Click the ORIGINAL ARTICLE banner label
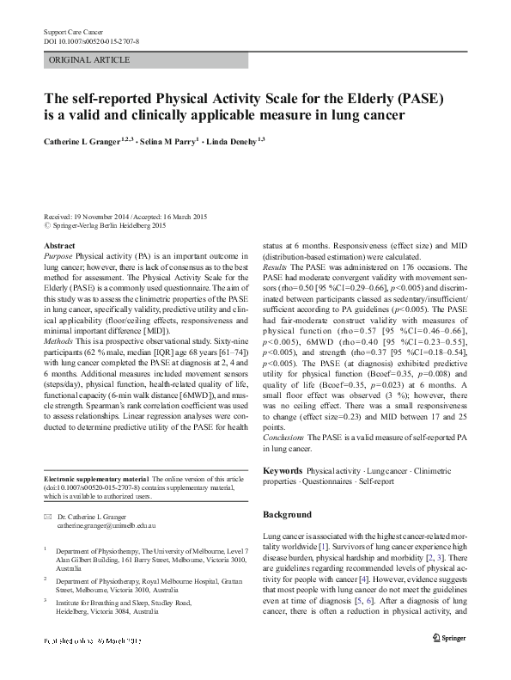[x=90, y=60]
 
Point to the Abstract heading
[x=58, y=246]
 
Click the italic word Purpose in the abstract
[x=58, y=256]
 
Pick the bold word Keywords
[x=282, y=471]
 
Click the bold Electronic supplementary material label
[x=94, y=479]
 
